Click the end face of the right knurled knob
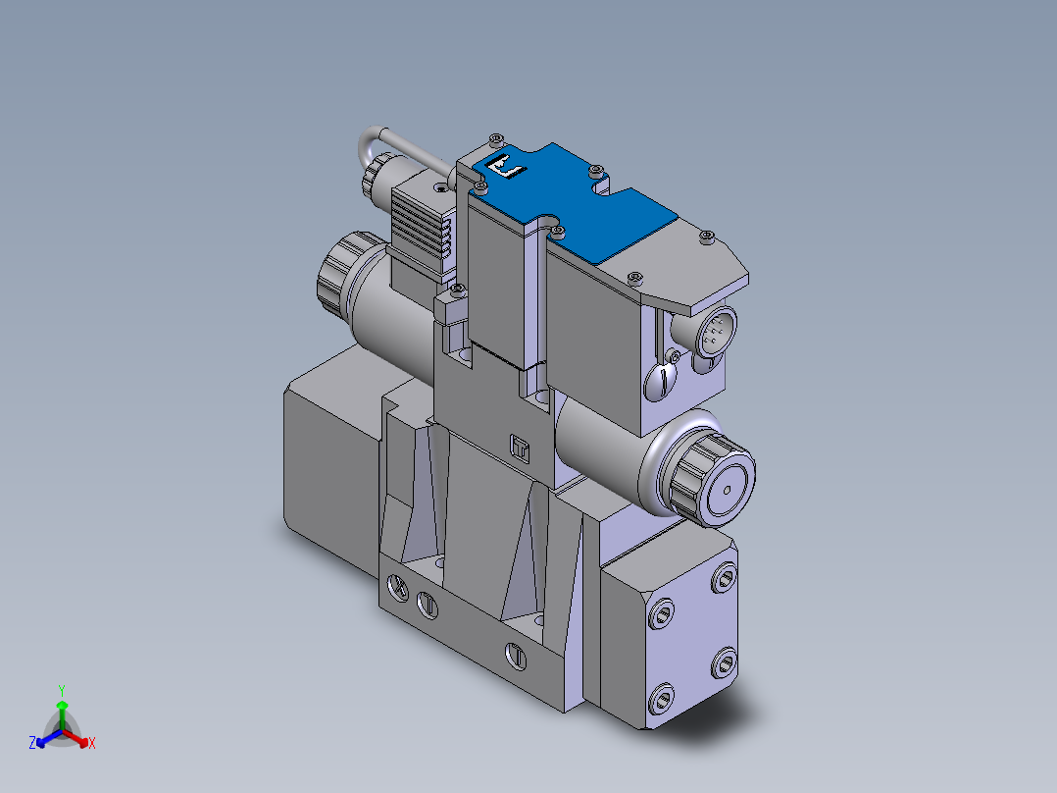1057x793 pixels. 730,487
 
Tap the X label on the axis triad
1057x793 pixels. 91,744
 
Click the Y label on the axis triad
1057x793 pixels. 61,690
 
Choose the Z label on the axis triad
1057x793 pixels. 32,744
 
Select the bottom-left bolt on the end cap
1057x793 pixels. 661,699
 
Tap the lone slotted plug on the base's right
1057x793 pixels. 514,653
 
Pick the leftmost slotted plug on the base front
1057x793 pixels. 398,588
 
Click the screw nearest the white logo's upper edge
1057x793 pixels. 495,138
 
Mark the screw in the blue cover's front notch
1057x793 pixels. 557,232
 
